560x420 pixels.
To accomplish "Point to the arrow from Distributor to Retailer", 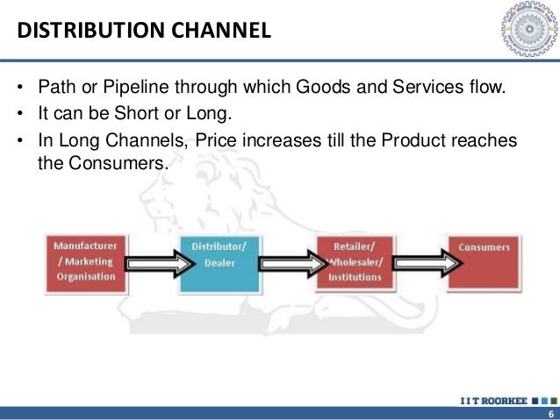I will click(287, 260).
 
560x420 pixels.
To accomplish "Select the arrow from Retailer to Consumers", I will click(420, 260).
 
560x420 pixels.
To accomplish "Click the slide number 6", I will click(550, 413).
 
